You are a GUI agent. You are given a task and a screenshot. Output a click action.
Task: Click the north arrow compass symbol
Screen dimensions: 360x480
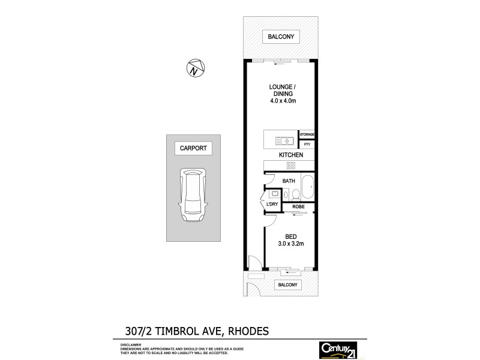(194, 68)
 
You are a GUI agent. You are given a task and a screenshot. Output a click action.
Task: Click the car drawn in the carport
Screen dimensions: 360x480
(193, 196)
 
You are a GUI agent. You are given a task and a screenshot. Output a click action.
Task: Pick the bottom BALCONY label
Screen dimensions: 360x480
(287, 285)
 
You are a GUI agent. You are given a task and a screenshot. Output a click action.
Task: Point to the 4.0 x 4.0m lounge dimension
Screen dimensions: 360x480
(282, 101)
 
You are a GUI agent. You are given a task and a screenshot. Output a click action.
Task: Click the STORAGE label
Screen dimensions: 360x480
(307, 135)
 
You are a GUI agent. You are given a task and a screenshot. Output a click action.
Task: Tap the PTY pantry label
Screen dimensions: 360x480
(307, 145)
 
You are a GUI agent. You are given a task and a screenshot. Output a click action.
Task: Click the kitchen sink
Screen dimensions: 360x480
(283, 142)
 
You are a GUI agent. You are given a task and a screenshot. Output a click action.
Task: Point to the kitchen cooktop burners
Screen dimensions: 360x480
(290, 166)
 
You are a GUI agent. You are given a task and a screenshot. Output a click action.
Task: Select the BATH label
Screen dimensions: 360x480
(289, 180)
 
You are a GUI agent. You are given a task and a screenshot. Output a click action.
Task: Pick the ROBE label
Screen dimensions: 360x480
(298, 206)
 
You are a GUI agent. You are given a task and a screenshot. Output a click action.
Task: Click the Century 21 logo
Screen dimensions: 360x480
(338, 349)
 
